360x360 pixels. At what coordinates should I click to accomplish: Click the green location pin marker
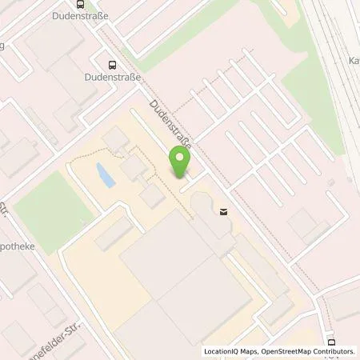[180, 163]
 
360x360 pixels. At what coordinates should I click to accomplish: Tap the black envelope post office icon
[223, 211]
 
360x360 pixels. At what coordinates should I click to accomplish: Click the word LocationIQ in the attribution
[222, 351]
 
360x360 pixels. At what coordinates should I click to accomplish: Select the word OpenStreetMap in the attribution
[280, 351]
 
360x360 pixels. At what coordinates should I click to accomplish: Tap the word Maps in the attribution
[250, 351]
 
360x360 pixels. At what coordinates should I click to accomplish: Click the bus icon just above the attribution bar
[329, 340]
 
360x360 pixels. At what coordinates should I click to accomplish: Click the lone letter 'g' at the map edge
[2, 46]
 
